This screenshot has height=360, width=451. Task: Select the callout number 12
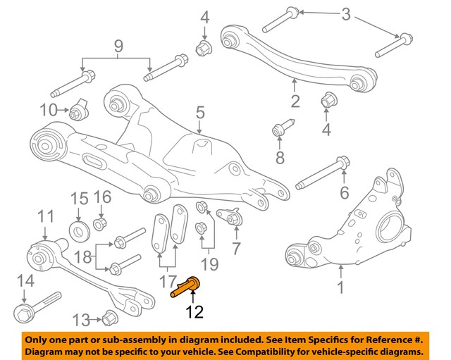pyautogui.click(x=193, y=311)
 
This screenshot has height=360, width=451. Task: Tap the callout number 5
pyautogui.click(x=200, y=112)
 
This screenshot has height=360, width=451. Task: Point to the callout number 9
pyautogui.click(x=118, y=47)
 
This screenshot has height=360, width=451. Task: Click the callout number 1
pyautogui.click(x=340, y=288)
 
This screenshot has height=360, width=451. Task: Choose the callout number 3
pyautogui.click(x=345, y=14)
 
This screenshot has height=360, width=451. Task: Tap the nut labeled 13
pyautogui.click(x=109, y=318)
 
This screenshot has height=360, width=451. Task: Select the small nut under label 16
pyautogui.click(x=100, y=224)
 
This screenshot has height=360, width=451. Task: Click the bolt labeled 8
pyautogui.click(x=280, y=131)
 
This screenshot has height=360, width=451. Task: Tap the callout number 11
pyautogui.click(x=45, y=216)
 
